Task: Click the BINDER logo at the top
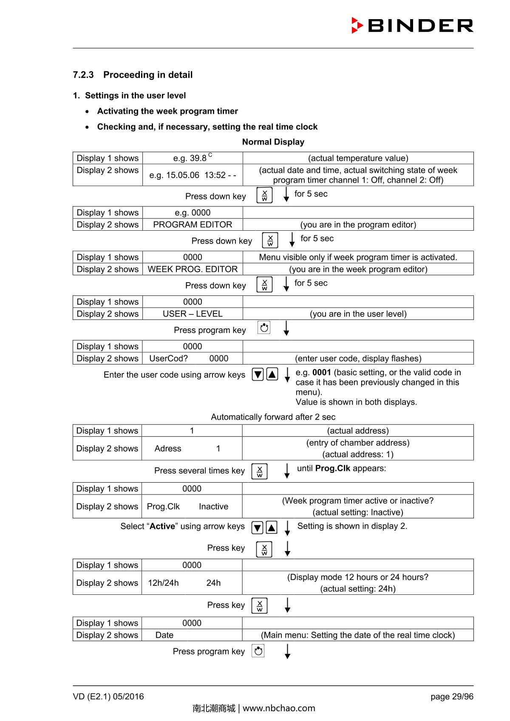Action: (x=412, y=25)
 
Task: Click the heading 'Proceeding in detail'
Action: (x=147, y=75)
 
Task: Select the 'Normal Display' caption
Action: (x=273, y=142)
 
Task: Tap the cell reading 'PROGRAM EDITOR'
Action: (x=193, y=224)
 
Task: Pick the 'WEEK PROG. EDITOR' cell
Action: (x=193, y=269)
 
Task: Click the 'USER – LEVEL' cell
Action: (x=193, y=314)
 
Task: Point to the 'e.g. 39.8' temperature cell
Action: (x=193, y=158)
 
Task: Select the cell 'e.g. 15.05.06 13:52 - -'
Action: (x=193, y=175)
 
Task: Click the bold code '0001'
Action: (x=322, y=373)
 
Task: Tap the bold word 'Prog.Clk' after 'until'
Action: (x=333, y=468)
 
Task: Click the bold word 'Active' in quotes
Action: (x=162, y=526)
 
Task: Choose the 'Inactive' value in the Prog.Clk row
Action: (x=213, y=506)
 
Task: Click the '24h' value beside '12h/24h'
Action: (x=213, y=583)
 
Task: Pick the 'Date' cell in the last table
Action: (x=164, y=635)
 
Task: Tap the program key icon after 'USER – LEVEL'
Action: (x=264, y=328)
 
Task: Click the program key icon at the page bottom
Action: (x=258, y=651)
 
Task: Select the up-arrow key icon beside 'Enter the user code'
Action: (x=272, y=374)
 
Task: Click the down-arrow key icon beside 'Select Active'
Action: (x=258, y=528)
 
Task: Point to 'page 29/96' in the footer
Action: (x=451, y=696)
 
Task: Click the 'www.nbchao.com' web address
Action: (x=279, y=708)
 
